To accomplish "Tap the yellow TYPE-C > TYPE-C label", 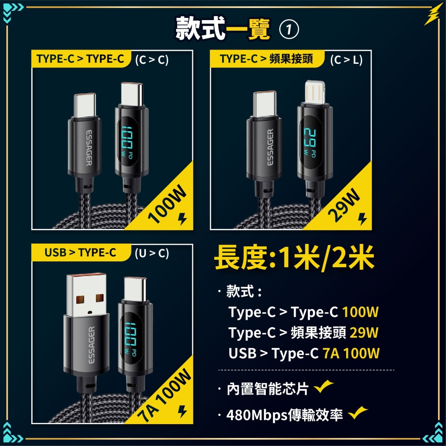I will coord(80,59).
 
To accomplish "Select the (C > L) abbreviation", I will coord(347,60).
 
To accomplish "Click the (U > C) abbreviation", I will coord(152,253).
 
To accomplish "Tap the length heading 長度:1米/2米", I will coord(294,260).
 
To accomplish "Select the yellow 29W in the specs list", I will coord(364,333).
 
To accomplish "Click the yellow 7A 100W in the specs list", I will coord(351,354).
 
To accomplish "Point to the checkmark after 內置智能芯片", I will coord(324,387).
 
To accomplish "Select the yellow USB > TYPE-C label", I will coord(80,253).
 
